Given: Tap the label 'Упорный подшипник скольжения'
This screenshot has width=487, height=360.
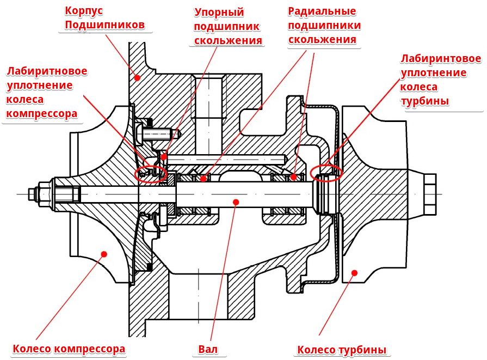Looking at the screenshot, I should (x=227, y=27).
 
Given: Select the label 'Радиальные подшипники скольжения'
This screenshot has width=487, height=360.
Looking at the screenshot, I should (x=322, y=26).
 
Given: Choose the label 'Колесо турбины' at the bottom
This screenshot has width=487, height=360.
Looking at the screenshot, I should (x=342, y=350).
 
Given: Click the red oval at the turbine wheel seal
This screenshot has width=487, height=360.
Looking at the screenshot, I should (x=326, y=173).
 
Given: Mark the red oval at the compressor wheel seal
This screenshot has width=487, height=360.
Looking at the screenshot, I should (x=150, y=174).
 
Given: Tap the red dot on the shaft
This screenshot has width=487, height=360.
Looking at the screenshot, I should (x=236, y=202).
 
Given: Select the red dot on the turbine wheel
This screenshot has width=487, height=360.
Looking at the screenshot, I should (x=354, y=272).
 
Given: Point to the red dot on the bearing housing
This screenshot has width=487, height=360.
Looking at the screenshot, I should (x=137, y=78).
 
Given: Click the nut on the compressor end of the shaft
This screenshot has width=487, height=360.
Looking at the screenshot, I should (x=44, y=193).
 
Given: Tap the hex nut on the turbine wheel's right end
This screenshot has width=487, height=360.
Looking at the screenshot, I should (x=428, y=194).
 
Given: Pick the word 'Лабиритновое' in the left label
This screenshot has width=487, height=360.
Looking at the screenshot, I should (x=47, y=71).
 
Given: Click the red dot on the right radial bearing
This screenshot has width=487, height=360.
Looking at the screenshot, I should (x=293, y=176).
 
